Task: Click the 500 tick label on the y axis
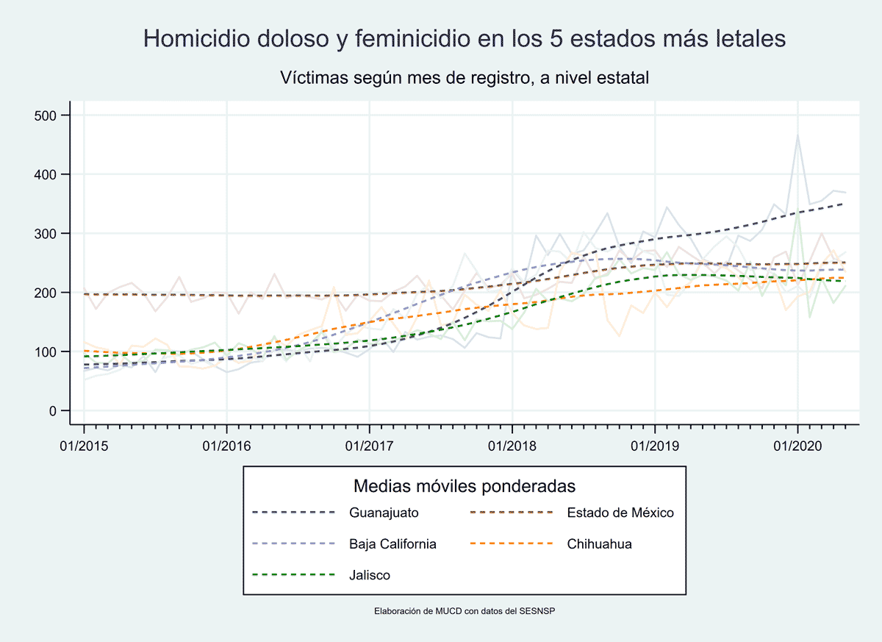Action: click(47, 115)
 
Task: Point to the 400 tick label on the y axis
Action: click(47, 174)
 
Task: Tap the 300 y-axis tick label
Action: click(47, 234)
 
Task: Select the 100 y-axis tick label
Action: click(47, 352)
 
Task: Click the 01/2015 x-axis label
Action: click(84, 446)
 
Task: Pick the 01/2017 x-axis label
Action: click(369, 446)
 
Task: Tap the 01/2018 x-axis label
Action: click(512, 446)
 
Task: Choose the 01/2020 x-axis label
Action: click(797, 446)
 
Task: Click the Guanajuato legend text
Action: click(384, 513)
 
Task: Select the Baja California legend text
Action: click(392, 544)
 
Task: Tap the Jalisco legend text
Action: click(370, 575)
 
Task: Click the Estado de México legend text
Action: click(620, 513)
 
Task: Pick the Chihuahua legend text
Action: click(599, 544)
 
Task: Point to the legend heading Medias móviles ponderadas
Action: click(464, 486)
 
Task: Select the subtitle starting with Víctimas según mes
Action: click(464, 77)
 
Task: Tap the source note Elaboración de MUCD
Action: click(464, 610)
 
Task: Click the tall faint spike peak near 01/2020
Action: click(797, 135)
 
